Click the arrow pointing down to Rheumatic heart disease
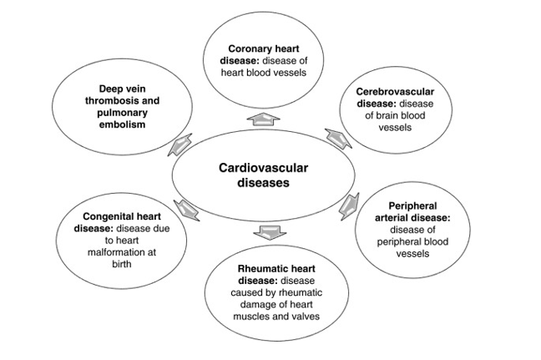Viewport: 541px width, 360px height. click(x=268, y=231)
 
